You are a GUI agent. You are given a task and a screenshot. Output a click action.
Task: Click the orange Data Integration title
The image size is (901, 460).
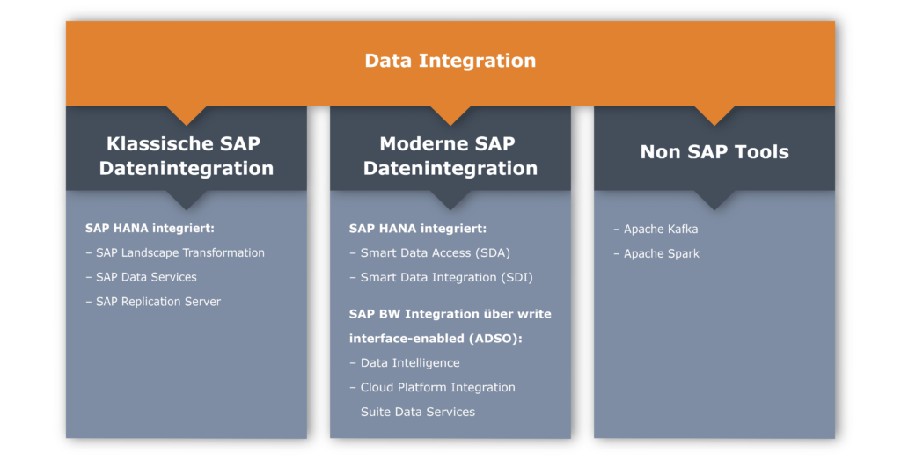click(450, 61)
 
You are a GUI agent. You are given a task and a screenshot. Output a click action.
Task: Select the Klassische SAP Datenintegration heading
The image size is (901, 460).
click(187, 156)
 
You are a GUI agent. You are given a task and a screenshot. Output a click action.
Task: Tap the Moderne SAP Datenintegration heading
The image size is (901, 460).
click(450, 156)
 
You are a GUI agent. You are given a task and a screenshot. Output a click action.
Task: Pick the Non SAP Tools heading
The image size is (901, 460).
click(714, 151)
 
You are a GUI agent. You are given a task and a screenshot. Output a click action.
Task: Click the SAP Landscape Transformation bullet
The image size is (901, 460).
click(175, 252)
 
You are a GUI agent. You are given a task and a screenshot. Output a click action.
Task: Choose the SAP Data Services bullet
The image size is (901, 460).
click(142, 277)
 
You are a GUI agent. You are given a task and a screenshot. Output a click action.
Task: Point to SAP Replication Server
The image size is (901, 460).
click(153, 302)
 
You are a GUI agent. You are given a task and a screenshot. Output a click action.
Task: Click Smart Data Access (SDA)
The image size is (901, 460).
click(429, 252)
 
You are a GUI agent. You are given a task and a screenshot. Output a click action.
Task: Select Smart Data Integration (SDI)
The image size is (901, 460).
click(442, 277)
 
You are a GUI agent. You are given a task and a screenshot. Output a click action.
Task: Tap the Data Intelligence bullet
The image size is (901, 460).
click(405, 363)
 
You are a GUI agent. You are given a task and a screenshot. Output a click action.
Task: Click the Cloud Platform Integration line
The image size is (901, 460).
click(432, 387)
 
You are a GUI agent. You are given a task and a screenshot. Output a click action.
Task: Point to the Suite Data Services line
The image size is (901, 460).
click(418, 412)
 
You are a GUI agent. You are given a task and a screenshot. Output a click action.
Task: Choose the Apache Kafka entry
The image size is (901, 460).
click(656, 230)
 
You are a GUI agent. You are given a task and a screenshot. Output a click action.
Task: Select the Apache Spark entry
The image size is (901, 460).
click(656, 254)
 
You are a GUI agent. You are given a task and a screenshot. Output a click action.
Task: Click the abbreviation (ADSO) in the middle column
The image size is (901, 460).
click(495, 339)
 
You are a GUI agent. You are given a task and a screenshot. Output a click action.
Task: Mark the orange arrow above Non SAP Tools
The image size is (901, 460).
click(714, 115)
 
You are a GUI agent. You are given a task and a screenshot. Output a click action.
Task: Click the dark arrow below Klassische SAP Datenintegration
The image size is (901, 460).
click(187, 200)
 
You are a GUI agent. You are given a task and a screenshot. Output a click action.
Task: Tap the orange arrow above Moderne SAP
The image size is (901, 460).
click(450, 115)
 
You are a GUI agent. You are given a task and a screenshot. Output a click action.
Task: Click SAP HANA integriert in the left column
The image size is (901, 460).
click(150, 229)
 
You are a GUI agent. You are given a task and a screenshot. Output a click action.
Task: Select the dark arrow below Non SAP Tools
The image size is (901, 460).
click(714, 200)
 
